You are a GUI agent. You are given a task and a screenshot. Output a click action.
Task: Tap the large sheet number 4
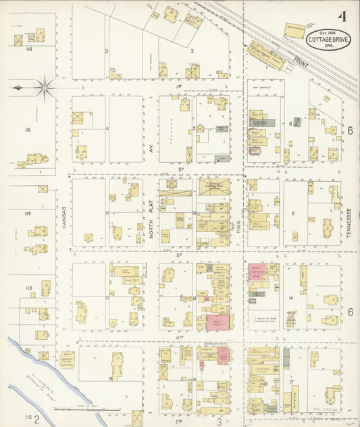(343, 17)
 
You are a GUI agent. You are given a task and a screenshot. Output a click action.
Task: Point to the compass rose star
(44, 86)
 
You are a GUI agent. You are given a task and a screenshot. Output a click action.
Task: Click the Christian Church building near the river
(66, 359)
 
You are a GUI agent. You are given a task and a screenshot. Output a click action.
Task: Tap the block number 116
(28, 49)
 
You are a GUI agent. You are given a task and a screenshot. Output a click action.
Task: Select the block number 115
(28, 129)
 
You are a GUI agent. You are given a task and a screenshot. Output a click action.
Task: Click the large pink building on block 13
(217, 322)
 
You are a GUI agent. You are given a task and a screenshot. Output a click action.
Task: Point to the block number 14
(290, 297)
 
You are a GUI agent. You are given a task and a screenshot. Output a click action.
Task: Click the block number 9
(293, 214)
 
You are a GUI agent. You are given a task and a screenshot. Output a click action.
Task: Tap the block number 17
(292, 382)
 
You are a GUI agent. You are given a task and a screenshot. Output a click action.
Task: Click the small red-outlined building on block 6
(255, 151)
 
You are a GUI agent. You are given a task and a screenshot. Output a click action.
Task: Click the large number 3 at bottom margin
(220, 421)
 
